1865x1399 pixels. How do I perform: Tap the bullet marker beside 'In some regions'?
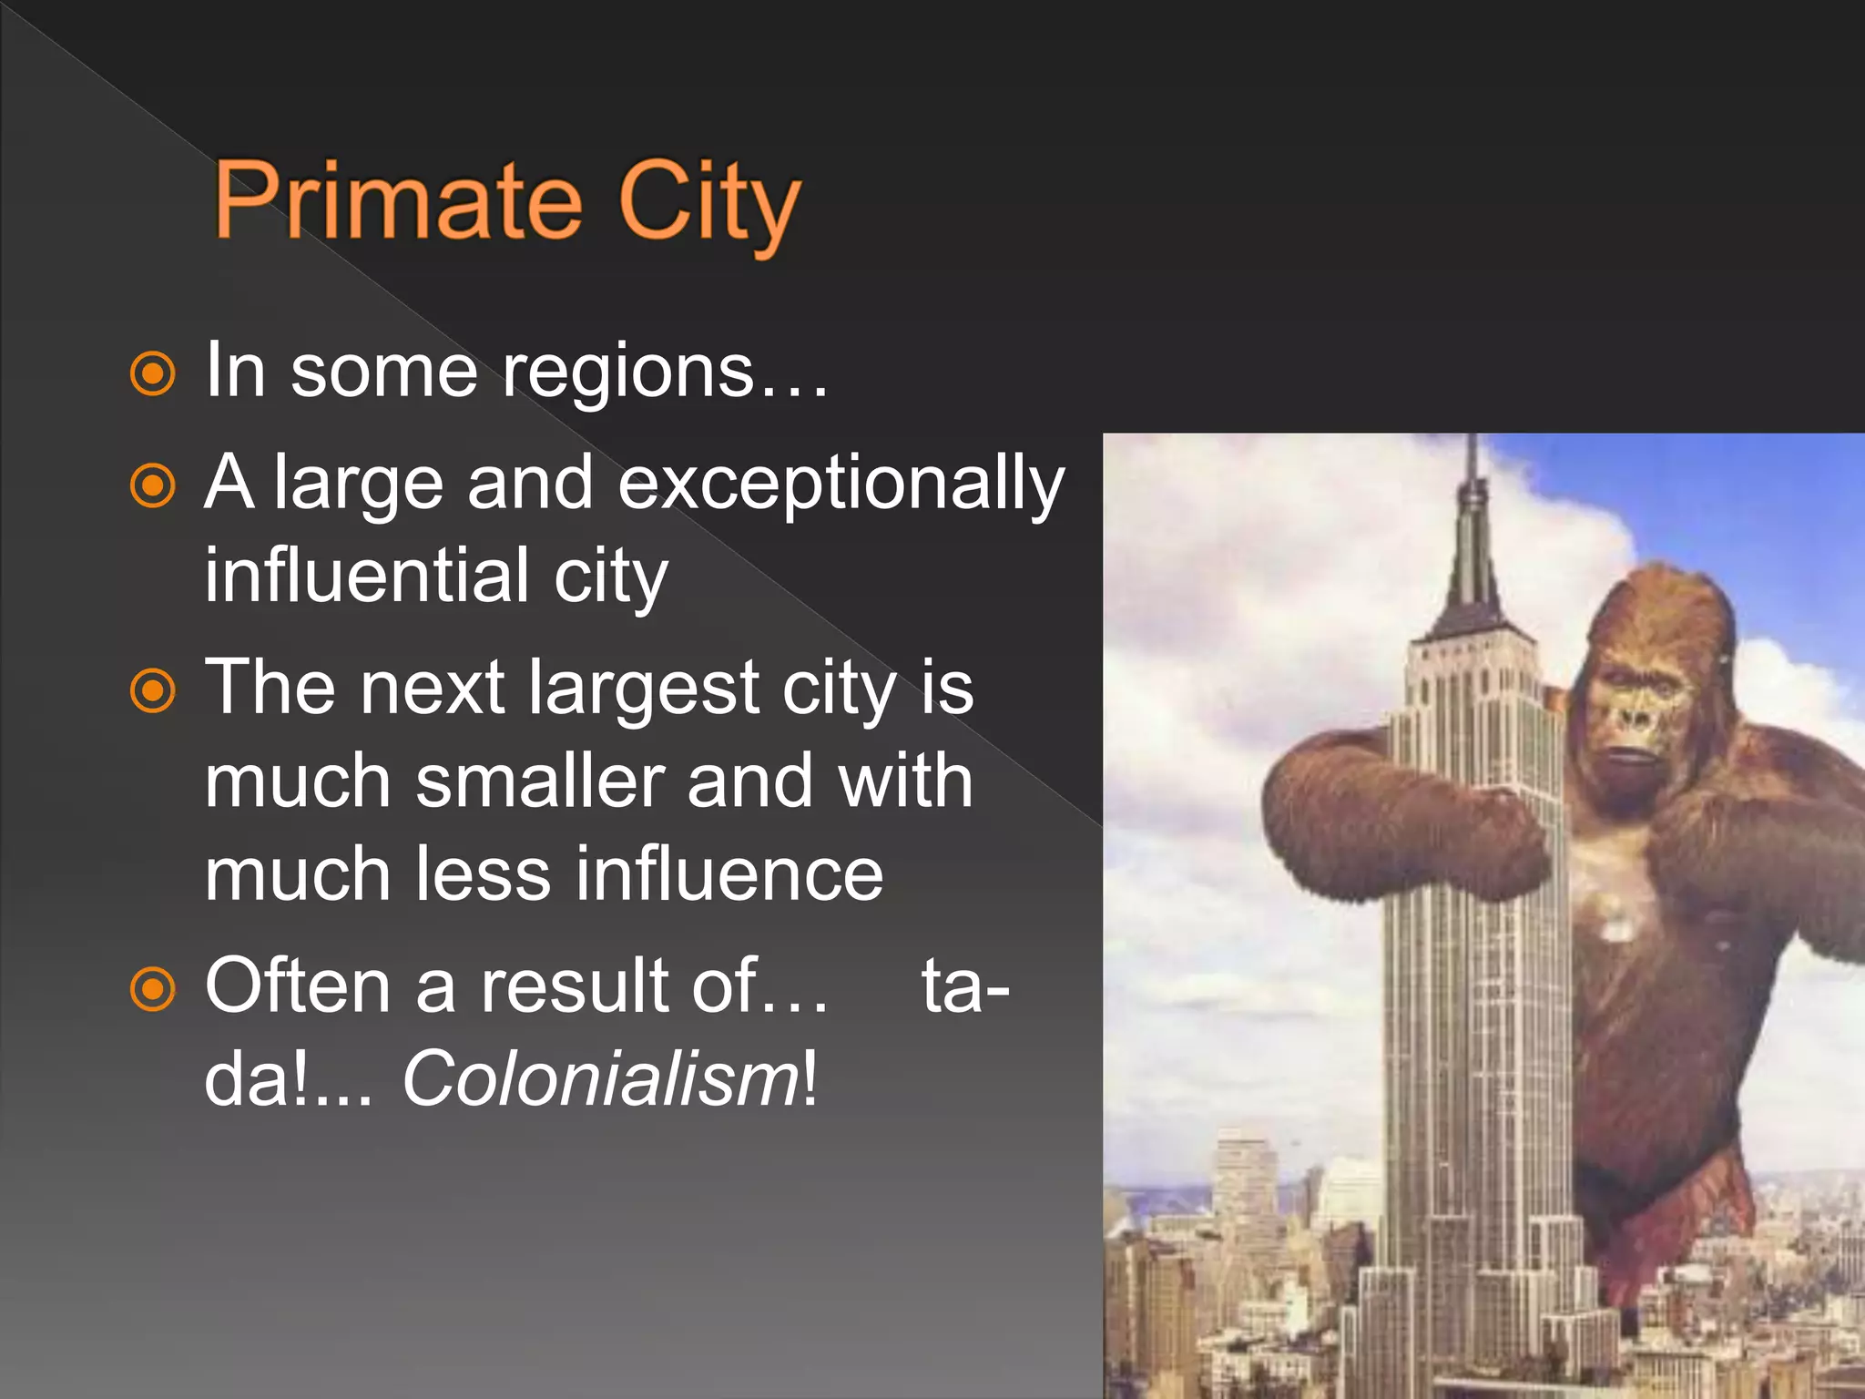click(152, 373)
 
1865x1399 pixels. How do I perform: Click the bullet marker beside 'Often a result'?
click(152, 988)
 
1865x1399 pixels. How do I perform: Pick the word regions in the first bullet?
click(628, 373)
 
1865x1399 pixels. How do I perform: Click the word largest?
click(644, 689)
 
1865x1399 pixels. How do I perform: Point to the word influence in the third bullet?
click(729, 874)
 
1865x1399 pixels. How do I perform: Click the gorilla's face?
click(1639, 720)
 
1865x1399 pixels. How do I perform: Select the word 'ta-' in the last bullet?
click(965, 986)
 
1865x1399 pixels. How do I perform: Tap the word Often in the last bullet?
click(299, 986)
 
